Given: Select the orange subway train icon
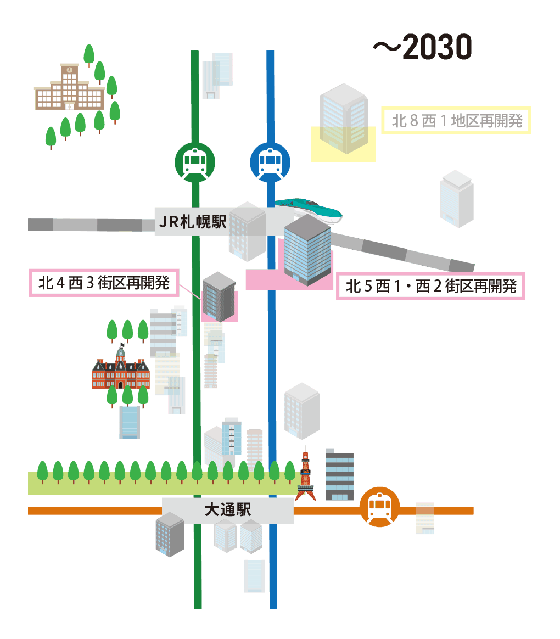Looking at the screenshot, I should [x=379, y=507].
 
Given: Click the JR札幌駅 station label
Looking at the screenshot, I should [x=192, y=222].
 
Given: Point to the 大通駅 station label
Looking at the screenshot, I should [x=227, y=511].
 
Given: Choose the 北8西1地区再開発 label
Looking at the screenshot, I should [x=456, y=120].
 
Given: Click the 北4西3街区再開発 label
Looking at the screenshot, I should [x=104, y=283].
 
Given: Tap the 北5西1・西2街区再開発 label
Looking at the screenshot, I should [x=430, y=286].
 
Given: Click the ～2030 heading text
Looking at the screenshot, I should [x=423, y=48].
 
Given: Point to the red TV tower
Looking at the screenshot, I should [x=305, y=475].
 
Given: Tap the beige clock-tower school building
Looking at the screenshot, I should [x=69, y=89].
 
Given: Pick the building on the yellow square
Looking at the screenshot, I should [x=343, y=118].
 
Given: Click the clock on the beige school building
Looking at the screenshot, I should [x=69, y=70].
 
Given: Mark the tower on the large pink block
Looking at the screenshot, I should [x=307, y=250].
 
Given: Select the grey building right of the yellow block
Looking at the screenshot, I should [x=456, y=198].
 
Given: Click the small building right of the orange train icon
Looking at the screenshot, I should [x=425, y=518].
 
